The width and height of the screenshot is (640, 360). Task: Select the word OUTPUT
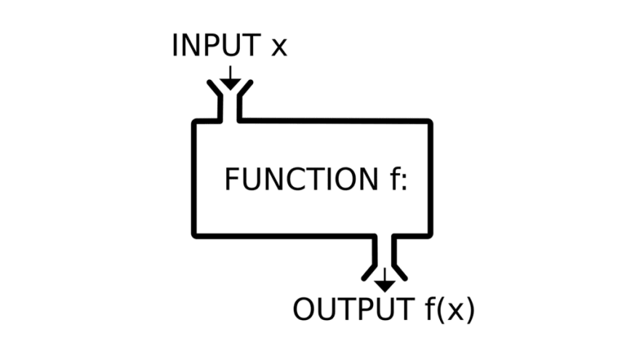tap(351, 309)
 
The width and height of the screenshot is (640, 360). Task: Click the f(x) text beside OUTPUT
tap(449, 310)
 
